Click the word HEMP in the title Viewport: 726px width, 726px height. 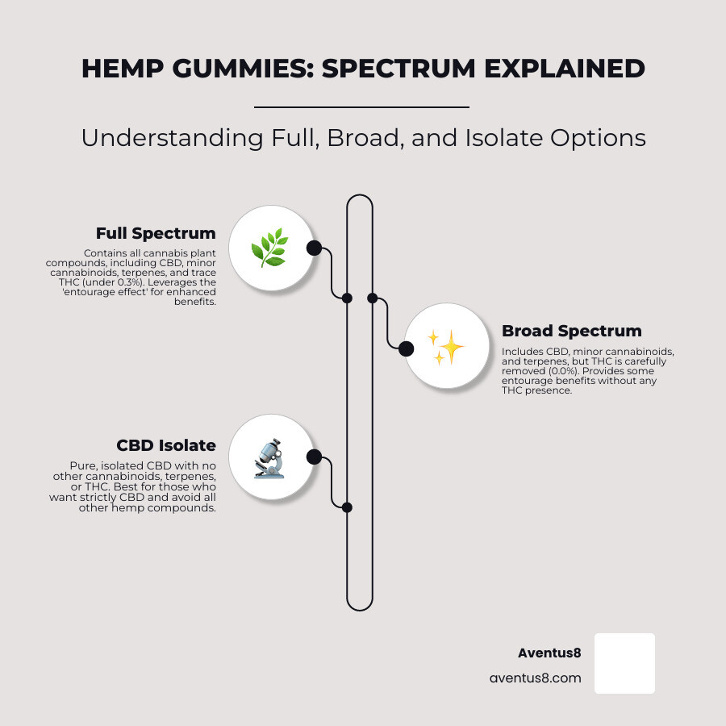click(x=123, y=69)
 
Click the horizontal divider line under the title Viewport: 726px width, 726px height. click(x=361, y=107)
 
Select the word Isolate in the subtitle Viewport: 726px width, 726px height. click(x=503, y=137)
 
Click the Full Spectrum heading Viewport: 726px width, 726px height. click(x=156, y=233)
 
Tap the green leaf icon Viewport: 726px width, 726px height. click(x=269, y=248)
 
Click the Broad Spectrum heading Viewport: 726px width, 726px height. click(x=572, y=331)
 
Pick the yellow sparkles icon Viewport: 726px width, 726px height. click(x=445, y=347)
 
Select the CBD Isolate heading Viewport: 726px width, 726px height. click(x=166, y=445)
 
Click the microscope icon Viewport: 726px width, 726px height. click(x=269, y=458)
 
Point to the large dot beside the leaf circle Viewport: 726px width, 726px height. click(x=314, y=248)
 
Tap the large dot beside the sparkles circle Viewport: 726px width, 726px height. click(x=406, y=348)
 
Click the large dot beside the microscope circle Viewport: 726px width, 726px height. click(x=314, y=457)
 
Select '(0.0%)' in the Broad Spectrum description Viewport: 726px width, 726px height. click(x=564, y=371)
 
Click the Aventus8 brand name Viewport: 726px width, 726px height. click(x=549, y=653)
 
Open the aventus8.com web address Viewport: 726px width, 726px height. click(x=536, y=678)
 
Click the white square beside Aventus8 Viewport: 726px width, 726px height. click(x=624, y=664)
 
